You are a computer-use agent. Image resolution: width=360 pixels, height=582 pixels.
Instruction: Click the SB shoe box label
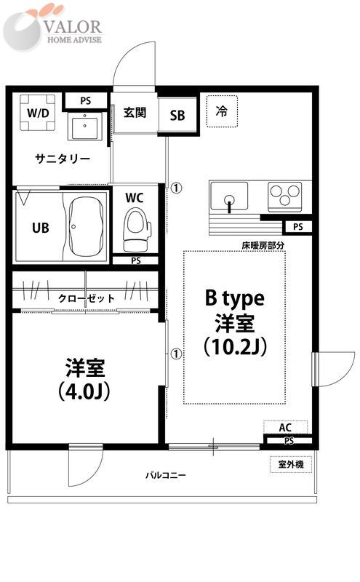pyautogui.click(x=177, y=116)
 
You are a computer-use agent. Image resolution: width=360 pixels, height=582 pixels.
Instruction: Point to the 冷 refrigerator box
pyautogui.click(x=222, y=111)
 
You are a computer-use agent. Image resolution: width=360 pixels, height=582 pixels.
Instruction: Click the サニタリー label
pyautogui.click(x=63, y=159)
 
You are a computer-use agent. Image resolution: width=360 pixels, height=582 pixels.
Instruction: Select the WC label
pyautogui.click(x=135, y=199)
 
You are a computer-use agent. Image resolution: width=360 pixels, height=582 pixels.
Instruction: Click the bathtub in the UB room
pyautogui.click(x=85, y=226)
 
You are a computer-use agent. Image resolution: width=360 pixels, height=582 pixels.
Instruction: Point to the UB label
pyautogui.click(x=40, y=226)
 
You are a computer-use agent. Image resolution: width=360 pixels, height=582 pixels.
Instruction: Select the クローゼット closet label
pyautogui.click(x=87, y=298)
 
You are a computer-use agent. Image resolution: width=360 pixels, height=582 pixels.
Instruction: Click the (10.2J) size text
pyautogui.click(x=233, y=346)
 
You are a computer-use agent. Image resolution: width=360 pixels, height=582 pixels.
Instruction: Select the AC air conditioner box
pyautogui.click(x=285, y=427)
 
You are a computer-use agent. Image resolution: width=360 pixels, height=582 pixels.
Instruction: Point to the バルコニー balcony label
pyautogui.click(x=165, y=475)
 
